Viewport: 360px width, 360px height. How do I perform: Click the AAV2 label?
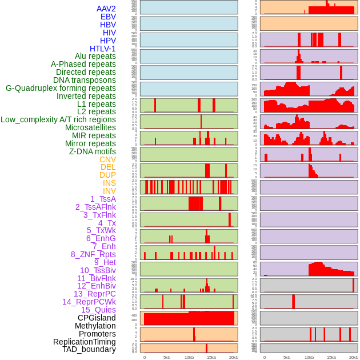[x=106, y=9]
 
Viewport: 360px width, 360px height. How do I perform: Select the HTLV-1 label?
[x=103, y=49]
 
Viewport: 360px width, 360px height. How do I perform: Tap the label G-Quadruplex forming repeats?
[x=61, y=88]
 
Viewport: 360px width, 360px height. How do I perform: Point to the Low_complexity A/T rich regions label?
[x=58, y=119]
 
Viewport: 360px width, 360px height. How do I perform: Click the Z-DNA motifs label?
[x=93, y=151]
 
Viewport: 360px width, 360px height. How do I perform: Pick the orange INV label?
[x=109, y=191]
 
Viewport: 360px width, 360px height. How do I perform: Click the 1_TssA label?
[x=103, y=199]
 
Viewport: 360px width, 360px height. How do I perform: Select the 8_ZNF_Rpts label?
[x=93, y=254]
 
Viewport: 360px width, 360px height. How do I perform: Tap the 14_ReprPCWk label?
[x=89, y=302]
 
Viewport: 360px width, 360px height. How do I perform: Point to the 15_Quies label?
[x=98, y=310]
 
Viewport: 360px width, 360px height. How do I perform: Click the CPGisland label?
[x=97, y=318]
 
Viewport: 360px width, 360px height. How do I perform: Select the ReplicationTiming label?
[x=85, y=342]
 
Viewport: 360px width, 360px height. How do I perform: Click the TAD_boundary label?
[x=89, y=349]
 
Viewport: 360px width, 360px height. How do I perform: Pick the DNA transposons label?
[x=85, y=80]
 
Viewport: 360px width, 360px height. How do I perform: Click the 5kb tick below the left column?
[x=167, y=357]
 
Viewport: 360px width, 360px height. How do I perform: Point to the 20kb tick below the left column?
[x=233, y=357]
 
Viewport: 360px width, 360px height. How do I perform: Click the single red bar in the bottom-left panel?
[x=206, y=348]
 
